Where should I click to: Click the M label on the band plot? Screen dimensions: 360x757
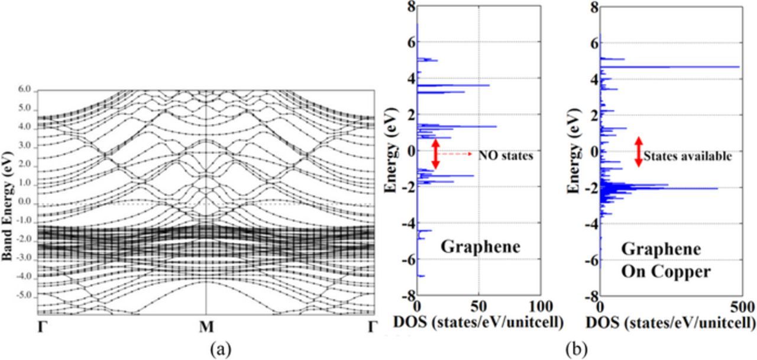coord(205,326)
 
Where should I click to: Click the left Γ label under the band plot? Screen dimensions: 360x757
coord(41,326)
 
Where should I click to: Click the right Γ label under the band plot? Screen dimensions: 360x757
coord(371,326)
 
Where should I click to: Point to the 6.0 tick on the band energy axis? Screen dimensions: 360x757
coord(27,89)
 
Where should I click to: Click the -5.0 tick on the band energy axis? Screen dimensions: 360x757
coord(25,295)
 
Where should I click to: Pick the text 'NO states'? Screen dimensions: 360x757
coord(505,156)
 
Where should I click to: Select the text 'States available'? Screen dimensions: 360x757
coord(688,157)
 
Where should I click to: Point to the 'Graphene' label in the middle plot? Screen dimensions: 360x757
coord(480,247)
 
